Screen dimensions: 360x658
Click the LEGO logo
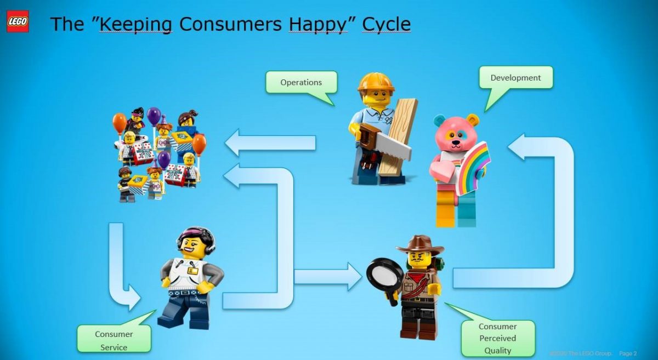[x=18, y=21]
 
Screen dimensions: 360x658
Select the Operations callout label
[x=301, y=82]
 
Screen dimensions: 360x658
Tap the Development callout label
[x=515, y=78]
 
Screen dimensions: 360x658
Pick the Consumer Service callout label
[x=114, y=340]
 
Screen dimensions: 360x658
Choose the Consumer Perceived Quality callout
[x=498, y=338]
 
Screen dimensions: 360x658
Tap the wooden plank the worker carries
[x=400, y=137]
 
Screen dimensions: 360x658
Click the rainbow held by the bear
[x=472, y=167]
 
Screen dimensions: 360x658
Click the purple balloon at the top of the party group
[x=154, y=116]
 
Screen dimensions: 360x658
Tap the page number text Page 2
[x=628, y=353]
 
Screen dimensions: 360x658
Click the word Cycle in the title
[x=386, y=25]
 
